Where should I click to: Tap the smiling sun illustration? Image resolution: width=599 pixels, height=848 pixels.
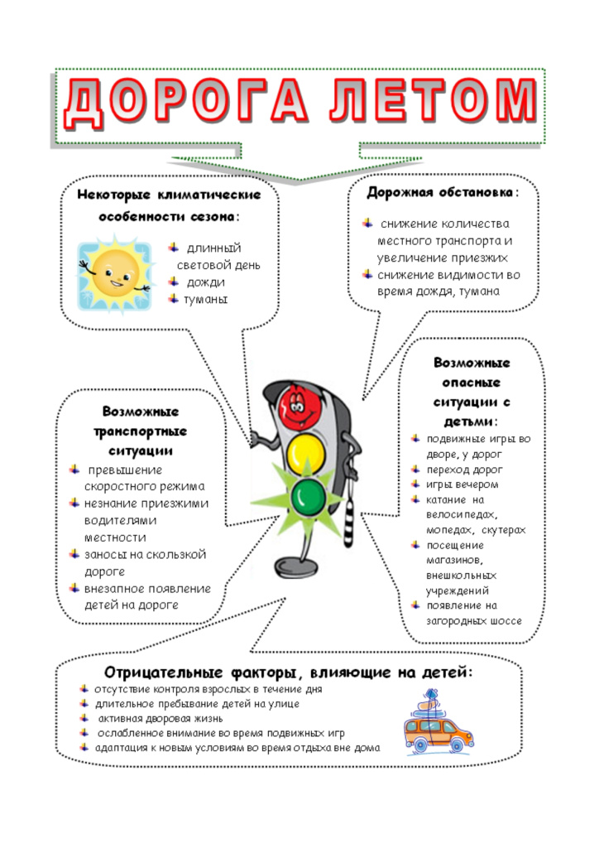[x=114, y=273]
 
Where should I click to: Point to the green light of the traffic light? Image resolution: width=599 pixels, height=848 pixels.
[x=309, y=496]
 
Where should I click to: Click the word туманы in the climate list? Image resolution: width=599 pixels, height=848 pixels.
[x=206, y=300]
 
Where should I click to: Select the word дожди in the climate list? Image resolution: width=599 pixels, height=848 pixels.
[x=206, y=282]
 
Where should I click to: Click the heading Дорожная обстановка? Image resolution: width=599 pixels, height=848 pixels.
[x=439, y=192]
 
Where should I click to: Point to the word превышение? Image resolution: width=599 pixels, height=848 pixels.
[x=125, y=470]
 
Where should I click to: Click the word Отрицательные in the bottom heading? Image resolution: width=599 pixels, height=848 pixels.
[x=163, y=672]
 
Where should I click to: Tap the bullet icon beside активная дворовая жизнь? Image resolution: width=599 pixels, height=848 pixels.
[x=84, y=718]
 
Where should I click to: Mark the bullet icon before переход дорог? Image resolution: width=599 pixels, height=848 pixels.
[x=415, y=469]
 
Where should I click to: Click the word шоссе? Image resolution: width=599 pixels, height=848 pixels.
[x=506, y=621]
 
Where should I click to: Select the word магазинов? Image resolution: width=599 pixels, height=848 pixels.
[x=454, y=561]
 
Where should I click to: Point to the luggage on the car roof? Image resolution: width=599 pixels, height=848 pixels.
[x=432, y=704]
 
